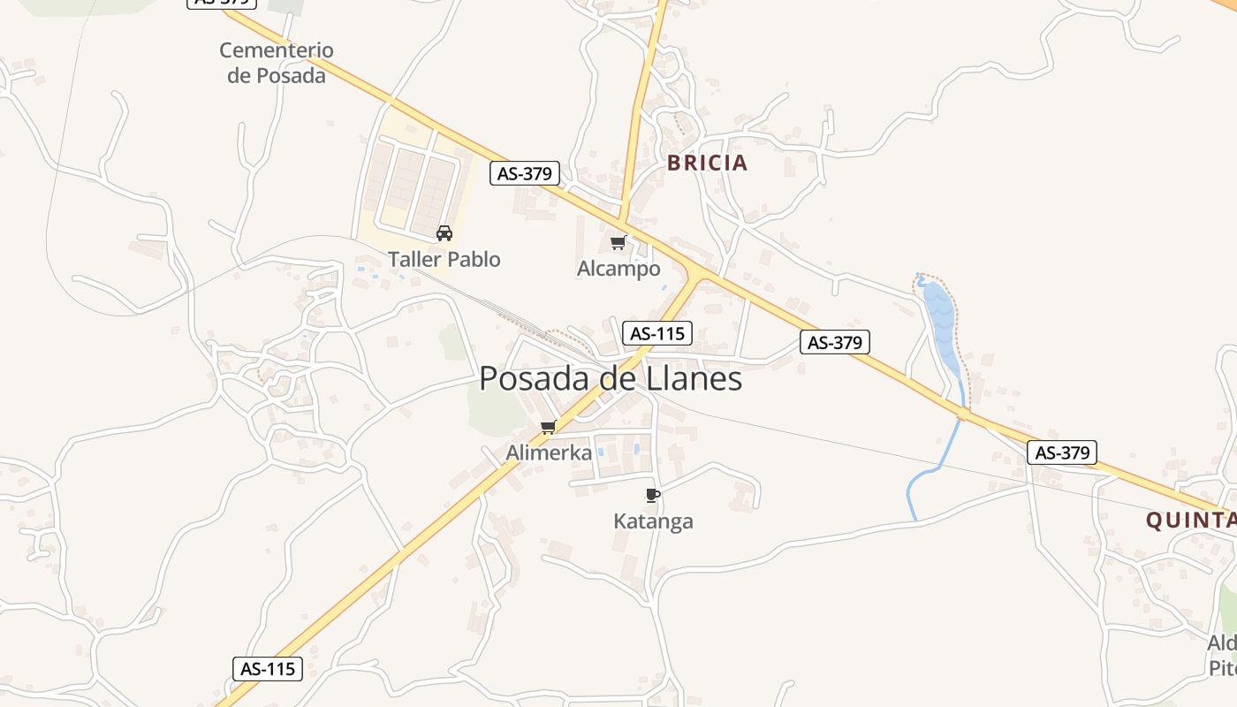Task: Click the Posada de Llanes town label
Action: pyautogui.click(x=611, y=379)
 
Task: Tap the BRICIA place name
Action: pyautogui.click(x=707, y=163)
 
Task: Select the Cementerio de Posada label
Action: pyautogui.click(x=277, y=63)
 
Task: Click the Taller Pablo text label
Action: pyautogui.click(x=444, y=260)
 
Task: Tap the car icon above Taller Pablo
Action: pyautogui.click(x=444, y=233)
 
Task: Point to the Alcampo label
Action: pyautogui.click(x=618, y=269)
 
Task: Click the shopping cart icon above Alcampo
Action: pyautogui.click(x=618, y=243)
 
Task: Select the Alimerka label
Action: pyautogui.click(x=549, y=452)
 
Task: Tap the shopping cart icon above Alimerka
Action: pyautogui.click(x=548, y=428)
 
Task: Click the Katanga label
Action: pyautogui.click(x=653, y=521)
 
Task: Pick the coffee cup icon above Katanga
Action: pyautogui.click(x=653, y=495)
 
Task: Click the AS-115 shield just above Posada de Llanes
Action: pyautogui.click(x=656, y=333)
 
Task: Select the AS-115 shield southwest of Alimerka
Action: pyautogui.click(x=268, y=669)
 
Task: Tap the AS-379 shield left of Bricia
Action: pyautogui.click(x=525, y=173)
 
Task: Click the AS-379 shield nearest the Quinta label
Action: pyautogui.click(x=1062, y=452)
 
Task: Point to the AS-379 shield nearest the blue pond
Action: pyautogui.click(x=835, y=342)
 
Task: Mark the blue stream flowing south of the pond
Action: pyautogui.click(x=937, y=468)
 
